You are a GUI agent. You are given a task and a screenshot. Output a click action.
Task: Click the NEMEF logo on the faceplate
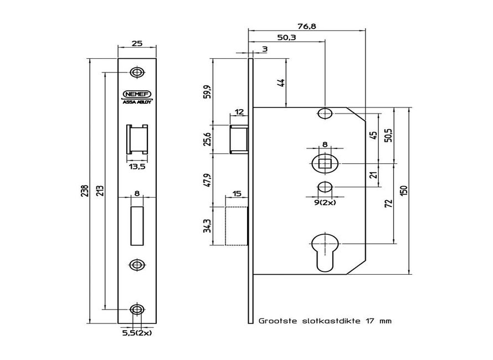tap(136, 94)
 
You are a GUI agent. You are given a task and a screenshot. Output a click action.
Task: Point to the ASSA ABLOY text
tap(136, 101)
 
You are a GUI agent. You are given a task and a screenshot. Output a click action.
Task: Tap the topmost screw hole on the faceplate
tap(136, 73)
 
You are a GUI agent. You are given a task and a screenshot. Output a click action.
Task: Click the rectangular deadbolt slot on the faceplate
tap(136, 226)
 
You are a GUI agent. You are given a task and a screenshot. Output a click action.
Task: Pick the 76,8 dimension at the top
tap(306, 25)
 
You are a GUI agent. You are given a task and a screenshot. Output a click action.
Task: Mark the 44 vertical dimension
tap(281, 83)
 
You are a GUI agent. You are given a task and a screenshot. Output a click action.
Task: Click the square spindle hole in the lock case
tap(325, 164)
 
